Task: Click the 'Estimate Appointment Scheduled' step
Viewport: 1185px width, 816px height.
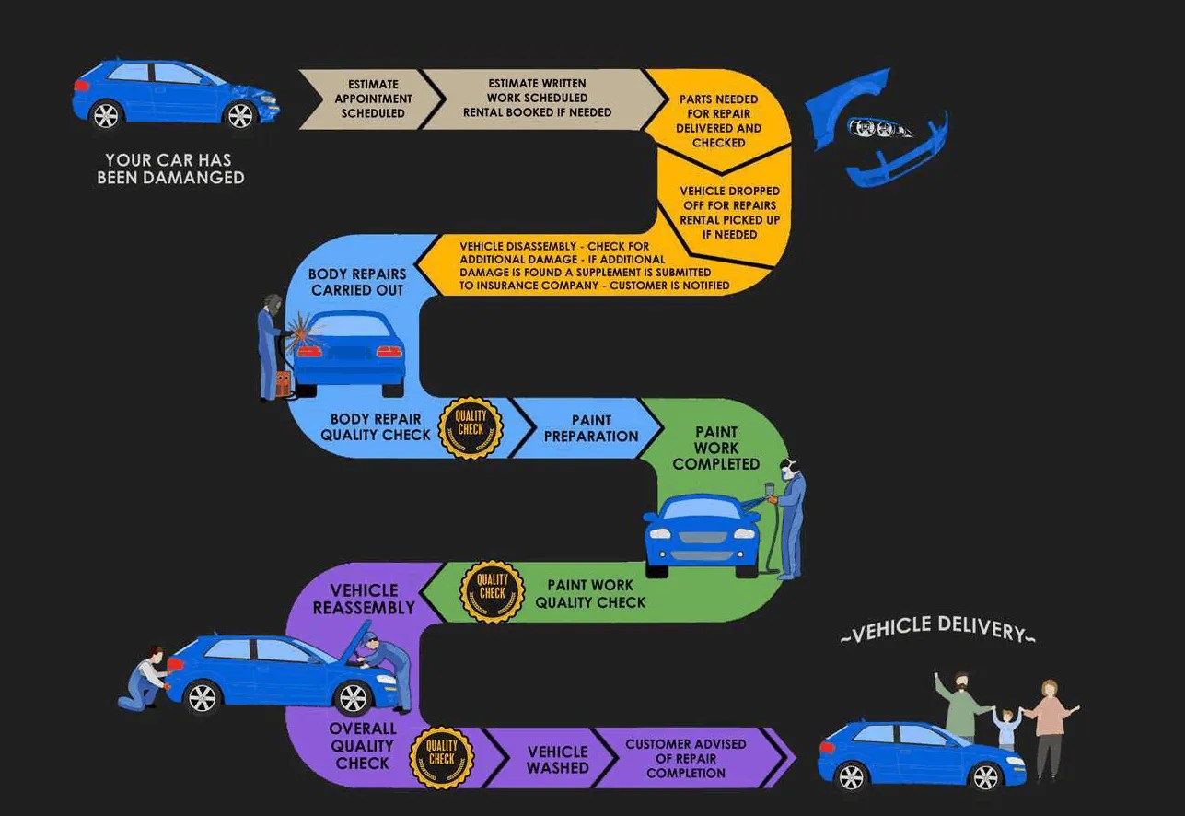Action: click(373, 99)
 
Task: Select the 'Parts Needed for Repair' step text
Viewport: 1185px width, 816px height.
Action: click(718, 121)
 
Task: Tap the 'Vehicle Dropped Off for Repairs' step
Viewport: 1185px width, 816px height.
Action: click(729, 213)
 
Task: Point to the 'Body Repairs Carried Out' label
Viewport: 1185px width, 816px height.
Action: click(357, 282)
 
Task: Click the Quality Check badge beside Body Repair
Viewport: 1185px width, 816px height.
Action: click(471, 427)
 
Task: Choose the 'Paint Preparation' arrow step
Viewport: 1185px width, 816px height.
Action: click(590, 428)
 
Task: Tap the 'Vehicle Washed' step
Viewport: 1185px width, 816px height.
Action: click(557, 759)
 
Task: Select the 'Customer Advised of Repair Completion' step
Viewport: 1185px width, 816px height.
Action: click(686, 758)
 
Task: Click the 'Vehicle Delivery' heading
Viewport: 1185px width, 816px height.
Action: click(937, 631)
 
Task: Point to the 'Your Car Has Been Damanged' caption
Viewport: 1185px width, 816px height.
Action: click(171, 169)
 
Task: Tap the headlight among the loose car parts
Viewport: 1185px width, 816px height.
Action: click(879, 129)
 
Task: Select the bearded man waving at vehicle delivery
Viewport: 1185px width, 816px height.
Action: click(960, 704)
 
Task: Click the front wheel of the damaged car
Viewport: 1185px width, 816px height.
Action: click(240, 115)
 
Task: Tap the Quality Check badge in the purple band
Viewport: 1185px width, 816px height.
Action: click(442, 758)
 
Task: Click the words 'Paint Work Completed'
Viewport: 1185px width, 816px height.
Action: click(716, 448)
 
